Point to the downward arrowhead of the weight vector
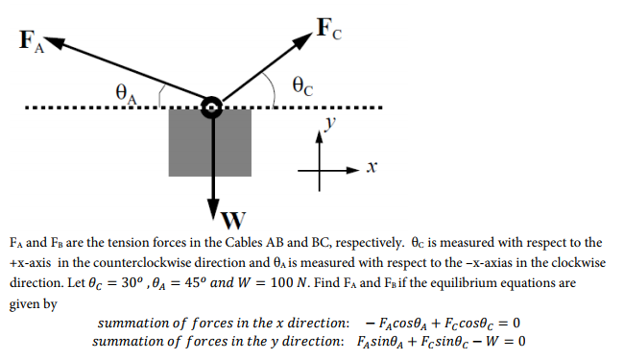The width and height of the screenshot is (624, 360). [212, 214]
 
